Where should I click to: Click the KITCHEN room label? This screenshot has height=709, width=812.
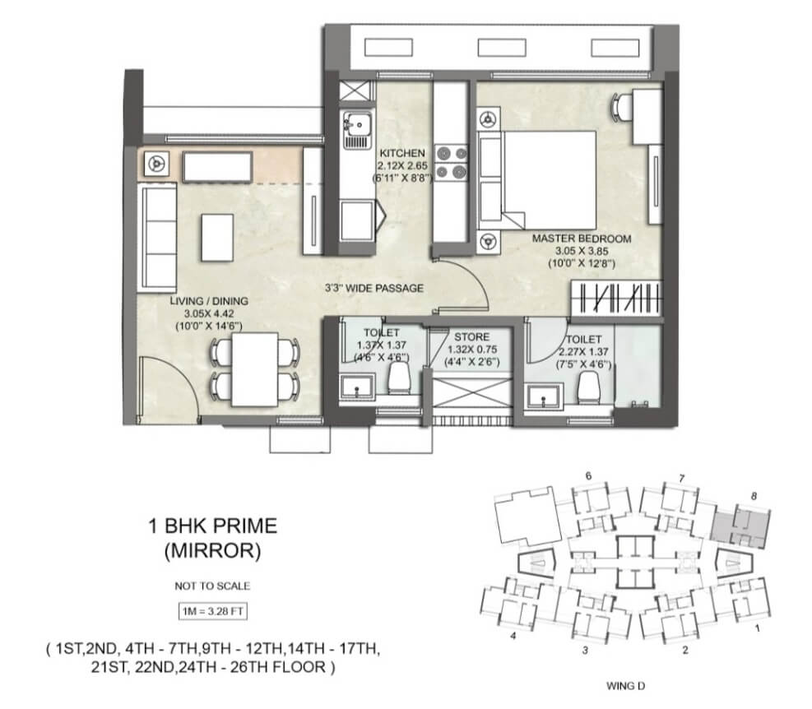click(402, 153)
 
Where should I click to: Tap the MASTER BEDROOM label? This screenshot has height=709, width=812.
click(582, 239)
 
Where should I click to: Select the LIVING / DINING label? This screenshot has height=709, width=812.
click(209, 301)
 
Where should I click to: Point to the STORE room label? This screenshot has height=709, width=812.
click(471, 336)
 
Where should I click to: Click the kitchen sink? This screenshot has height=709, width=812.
click(357, 129)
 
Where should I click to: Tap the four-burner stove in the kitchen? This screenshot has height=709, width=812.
click(451, 162)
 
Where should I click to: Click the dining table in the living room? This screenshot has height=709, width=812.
click(255, 369)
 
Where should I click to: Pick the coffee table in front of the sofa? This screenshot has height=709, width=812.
click(217, 238)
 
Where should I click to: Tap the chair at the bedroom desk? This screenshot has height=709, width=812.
click(621, 107)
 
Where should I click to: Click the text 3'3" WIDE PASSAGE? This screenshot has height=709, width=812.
click(374, 288)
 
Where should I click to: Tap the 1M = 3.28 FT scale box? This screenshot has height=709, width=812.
click(212, 611)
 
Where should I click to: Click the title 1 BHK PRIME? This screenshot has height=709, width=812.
click(213, 526)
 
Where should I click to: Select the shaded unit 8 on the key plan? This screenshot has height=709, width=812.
click(740, 528)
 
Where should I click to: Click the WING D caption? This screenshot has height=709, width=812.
click(625, 686)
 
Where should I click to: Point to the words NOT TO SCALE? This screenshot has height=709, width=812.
click(212, 586)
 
